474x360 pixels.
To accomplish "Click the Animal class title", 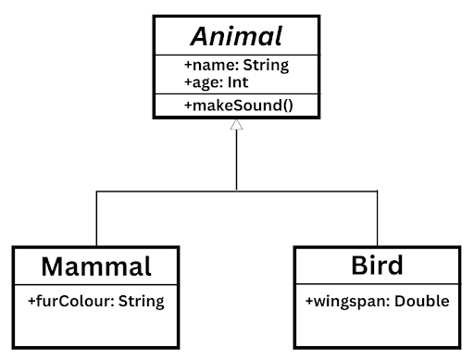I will coord(236,36).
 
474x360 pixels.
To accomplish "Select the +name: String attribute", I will coord(236,65).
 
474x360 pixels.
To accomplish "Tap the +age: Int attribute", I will coord(216,81).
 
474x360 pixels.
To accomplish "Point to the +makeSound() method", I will coord(239,106).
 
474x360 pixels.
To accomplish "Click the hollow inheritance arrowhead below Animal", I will coord(236,126).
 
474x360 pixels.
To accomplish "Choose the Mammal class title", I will coord(96,267).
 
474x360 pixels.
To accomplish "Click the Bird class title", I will coord(377,267).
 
